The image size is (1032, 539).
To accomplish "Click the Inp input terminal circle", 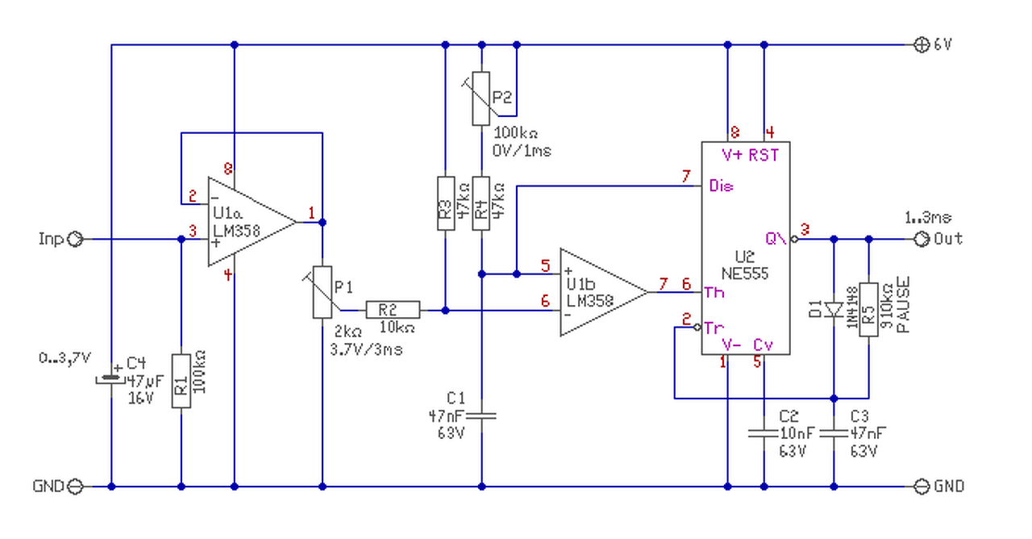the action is point(75,240).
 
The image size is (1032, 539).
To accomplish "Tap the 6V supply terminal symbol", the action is point(922,44).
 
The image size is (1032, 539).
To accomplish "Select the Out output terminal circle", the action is point(922,239).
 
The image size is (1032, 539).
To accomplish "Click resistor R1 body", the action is point(181,381).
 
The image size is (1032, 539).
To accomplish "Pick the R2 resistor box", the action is point(393,310).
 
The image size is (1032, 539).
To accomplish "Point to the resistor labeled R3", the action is point(446,203).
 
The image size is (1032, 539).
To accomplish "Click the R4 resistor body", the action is point(481,203).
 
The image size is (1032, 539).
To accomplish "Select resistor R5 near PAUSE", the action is point(868,310).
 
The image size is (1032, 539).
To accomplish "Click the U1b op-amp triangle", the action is point(604,292).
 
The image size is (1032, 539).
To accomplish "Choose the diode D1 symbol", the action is point(834,309).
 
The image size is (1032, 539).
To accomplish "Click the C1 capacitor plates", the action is point(481,416).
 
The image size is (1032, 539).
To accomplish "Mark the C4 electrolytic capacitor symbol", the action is point(111,379).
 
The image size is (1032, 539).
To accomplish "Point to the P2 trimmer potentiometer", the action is point(481,98).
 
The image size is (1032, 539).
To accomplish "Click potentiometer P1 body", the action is point(322,292).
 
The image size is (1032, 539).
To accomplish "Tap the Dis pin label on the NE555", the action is point(721,186).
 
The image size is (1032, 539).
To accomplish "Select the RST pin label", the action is point(764,156).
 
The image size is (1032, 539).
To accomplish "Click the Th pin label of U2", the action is point(714,292).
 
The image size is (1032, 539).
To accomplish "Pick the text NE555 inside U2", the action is point(744,274).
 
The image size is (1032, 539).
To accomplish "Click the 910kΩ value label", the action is point(887,306).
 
